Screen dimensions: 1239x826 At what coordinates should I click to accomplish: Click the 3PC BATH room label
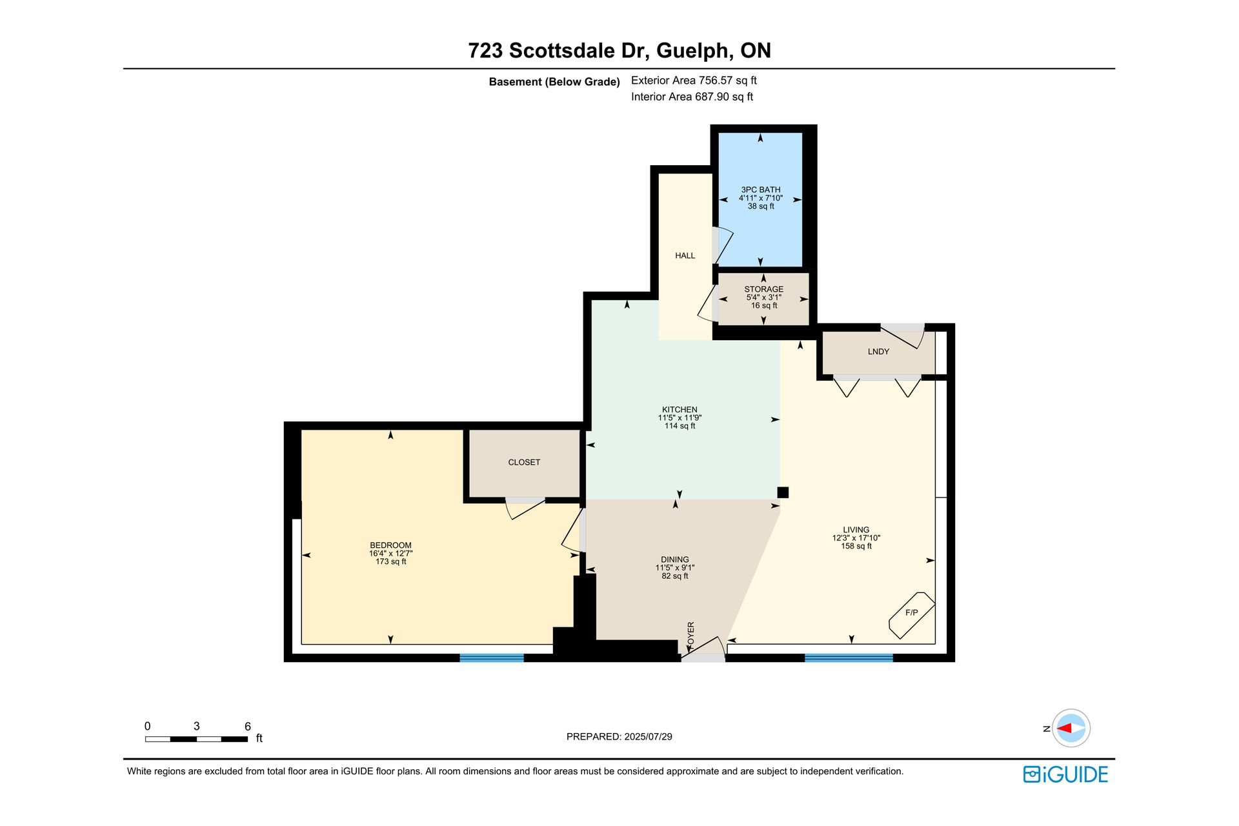pos(760,190)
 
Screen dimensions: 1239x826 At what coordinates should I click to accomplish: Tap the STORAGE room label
pos(764,289)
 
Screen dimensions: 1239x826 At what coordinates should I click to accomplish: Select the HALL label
pos(685,256)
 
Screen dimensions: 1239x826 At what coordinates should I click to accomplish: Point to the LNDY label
pos(878,352)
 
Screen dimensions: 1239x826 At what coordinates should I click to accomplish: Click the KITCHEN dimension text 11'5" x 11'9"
pos(680,418)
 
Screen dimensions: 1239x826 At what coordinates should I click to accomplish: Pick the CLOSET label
pos(524,462)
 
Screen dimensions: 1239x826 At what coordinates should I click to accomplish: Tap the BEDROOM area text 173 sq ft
pos(391,561)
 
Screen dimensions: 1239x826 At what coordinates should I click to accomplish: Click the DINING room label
pos(675,559)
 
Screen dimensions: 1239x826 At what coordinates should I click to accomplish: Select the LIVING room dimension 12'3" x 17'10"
pos(856,538)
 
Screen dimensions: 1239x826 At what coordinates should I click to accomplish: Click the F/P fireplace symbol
pos(912,615)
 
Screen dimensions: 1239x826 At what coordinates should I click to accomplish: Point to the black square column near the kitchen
pos(783,492)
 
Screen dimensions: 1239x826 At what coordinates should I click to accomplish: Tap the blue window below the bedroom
pos(492,658)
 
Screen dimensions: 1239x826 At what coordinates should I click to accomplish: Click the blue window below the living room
pos(849,658)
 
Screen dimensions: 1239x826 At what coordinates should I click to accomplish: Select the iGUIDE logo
pos(1065,774)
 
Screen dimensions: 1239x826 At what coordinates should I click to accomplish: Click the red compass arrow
pos(1064,728)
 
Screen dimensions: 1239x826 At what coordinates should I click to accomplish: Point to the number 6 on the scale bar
pos(248,726)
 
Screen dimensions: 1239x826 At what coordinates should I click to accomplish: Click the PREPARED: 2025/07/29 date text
pos(619,736)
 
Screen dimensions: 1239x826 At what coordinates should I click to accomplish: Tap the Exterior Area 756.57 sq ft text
pos(694,81)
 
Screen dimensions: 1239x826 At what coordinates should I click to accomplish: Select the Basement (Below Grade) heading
pos(554,82)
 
